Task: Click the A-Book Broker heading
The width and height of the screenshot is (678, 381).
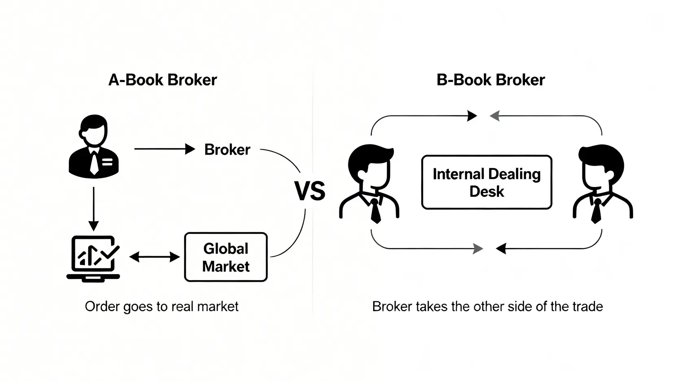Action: click(x=162, y=80)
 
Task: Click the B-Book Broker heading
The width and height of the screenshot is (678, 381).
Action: click(x=490, y=80)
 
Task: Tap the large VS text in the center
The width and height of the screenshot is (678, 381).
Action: click(x=310, y=191)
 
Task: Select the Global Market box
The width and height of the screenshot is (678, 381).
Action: click(x=226, y=257)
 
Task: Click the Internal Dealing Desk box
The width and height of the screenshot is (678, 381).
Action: click(x=486, y=182)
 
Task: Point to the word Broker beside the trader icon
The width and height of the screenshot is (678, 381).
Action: click(x=227, y=150)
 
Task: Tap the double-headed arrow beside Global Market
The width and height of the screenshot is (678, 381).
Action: click(x=154, y=257)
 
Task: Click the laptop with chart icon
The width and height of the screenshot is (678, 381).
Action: click(x=93, y=259)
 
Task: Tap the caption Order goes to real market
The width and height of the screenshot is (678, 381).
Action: click(x=162, y=306)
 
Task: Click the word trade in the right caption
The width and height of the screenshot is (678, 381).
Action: click(x=588, y=306)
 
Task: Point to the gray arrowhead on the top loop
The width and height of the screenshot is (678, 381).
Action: click(x=494, y=116)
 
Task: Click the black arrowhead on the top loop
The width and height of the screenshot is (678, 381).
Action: click(x=472, y=116)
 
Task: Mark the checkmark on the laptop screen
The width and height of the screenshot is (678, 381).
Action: click(x=110, y=253)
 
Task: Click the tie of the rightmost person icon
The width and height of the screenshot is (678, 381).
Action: click(x=597, y=211)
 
